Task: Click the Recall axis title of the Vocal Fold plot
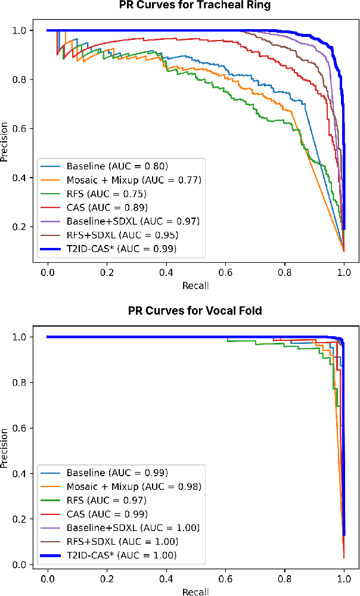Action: click(x=195, y=591)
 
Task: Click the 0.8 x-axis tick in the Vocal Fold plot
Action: click(x=285, y=578)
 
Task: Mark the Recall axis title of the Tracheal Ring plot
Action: click(x=195, y=285)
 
